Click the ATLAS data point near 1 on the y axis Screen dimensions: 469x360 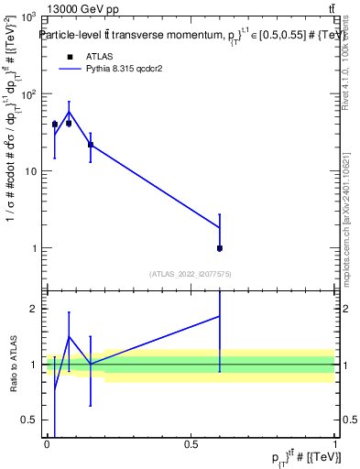coord(220,248)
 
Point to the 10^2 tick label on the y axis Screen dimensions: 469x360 coord(27,94)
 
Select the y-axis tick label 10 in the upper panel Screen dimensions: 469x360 coord(30,171)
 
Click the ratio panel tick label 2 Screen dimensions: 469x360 coord(36,309)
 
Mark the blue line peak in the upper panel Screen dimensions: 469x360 coord(69,112)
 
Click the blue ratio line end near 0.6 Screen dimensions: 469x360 coord(220,316)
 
